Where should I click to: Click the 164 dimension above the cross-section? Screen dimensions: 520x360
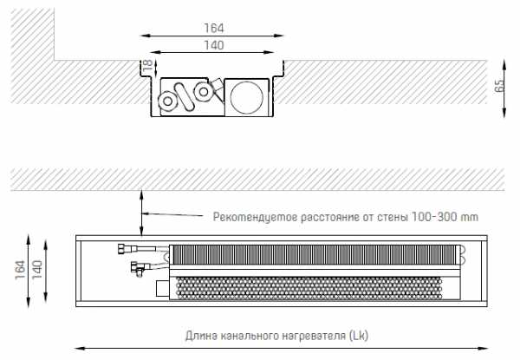click(x=213, y=29)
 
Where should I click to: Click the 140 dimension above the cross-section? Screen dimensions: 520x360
click(x=213, y=45)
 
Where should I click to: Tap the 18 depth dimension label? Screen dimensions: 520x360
click(x=147, y=64)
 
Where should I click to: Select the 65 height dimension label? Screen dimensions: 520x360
click(x=499, y=86)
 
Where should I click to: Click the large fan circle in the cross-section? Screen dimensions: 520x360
click(x=247, y=97)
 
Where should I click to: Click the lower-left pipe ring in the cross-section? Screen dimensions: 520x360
click(x=168, y=101)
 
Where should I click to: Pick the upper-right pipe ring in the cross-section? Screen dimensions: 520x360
click(x=204, y=92)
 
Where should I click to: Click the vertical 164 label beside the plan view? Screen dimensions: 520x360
click(x=20, y=270)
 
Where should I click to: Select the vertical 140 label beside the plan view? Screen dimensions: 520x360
click(x=37, y=270)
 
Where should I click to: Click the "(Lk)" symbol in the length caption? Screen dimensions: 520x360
click(x=359, y=336)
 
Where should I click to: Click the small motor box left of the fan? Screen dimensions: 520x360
click(x=163, y=288)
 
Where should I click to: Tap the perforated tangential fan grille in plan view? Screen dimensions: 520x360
click(x=309, y=288)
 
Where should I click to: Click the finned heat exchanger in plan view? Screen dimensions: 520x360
click(x=313, y=255)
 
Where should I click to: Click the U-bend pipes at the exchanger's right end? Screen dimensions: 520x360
click(x=461, y=254)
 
